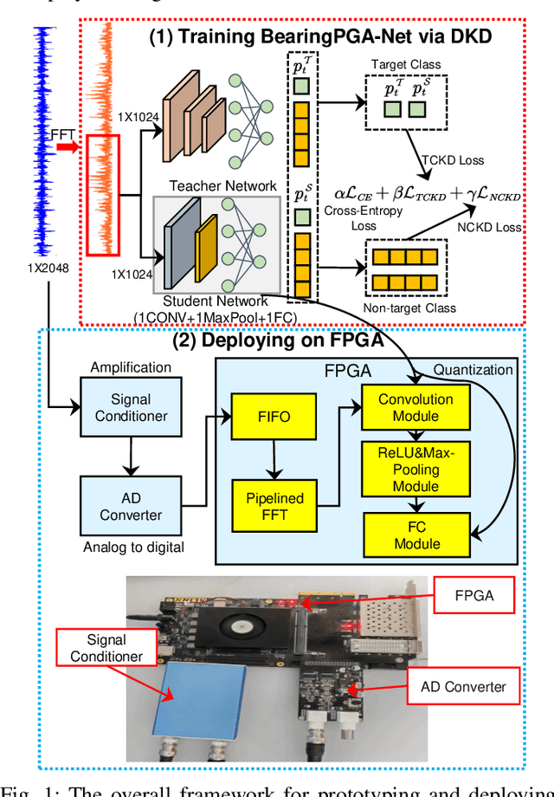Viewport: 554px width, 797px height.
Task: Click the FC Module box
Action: coord(417,535)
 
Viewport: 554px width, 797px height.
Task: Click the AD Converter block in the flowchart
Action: coord(131,506)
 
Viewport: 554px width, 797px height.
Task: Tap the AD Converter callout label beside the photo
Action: coord(463,687)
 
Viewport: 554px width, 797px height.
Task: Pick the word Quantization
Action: coord(473,370)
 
